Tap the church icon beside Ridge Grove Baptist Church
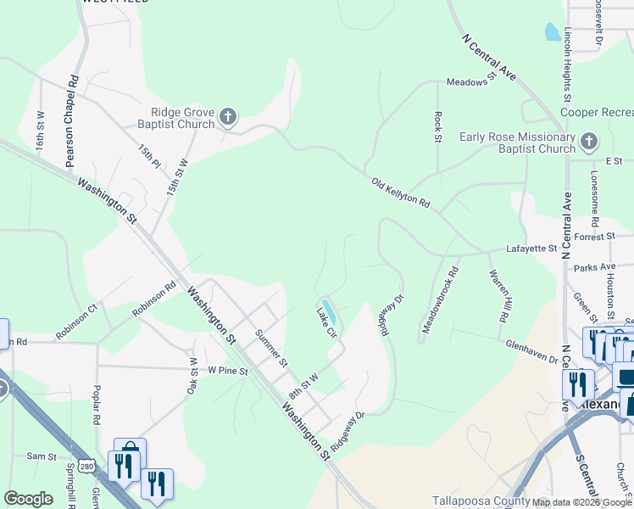tap(227, 117)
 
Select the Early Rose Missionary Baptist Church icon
tap(588, 141)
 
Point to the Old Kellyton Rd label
tap(401, 193)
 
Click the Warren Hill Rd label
tap(498, 295)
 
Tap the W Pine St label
tap(227, 371)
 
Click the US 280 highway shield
tap(86, 466)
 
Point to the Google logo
tap(28, 499)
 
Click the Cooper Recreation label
tap(597, 112)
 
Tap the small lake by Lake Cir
tap(329, 310)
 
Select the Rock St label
tap(438, 127)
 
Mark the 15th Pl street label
tap(150, 154)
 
